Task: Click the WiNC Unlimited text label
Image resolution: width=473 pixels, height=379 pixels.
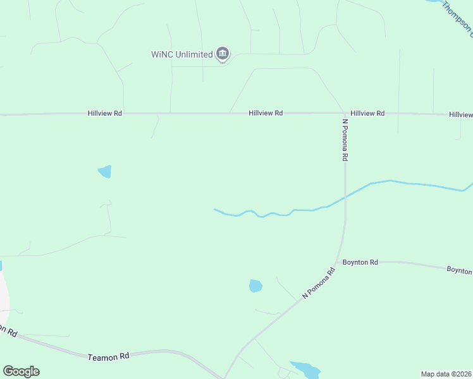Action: pyautogui.click(x=181, y=54)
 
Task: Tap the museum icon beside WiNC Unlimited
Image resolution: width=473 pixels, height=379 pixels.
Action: pyautogui.click(x=222, y=54)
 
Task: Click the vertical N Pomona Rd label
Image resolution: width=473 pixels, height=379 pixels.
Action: pyautogui.click(x=345, y=140)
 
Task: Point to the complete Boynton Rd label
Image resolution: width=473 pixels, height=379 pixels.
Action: pyautogui.click(x=360, y=262)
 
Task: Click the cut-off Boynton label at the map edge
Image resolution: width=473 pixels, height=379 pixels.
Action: pyautogui.click(x=460, y=270)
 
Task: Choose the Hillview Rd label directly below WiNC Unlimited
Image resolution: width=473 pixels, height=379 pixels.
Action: pyautogui.click(x=266, y=113)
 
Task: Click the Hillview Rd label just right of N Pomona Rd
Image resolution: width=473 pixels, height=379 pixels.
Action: pyautogui.click(x=367, y=113)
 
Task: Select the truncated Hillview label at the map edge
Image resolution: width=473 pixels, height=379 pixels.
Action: pyautogui.click(x=460, y=115)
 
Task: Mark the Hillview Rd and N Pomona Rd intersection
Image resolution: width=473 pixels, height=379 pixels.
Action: pyautogui.click(x=345, y=114)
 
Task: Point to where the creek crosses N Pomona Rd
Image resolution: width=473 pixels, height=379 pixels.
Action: pyautogui.click(x=345, y=197)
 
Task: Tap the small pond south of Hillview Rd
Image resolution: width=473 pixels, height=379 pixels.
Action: pyautogui.click(x=105, y=171)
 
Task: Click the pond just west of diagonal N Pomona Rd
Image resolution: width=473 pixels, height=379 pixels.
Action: pyautogui.click(x=255, y=286)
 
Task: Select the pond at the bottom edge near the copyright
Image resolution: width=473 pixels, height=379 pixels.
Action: pyautogui.click(x=305, y=369)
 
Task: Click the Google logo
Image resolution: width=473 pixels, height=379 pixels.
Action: pyautogui.click(x=21, y=371)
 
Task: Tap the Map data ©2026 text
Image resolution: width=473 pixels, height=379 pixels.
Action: pyautogui.click(x=446, y=373)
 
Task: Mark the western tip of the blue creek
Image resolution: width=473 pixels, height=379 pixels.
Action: pyautogui.click(x=215, y=209)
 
